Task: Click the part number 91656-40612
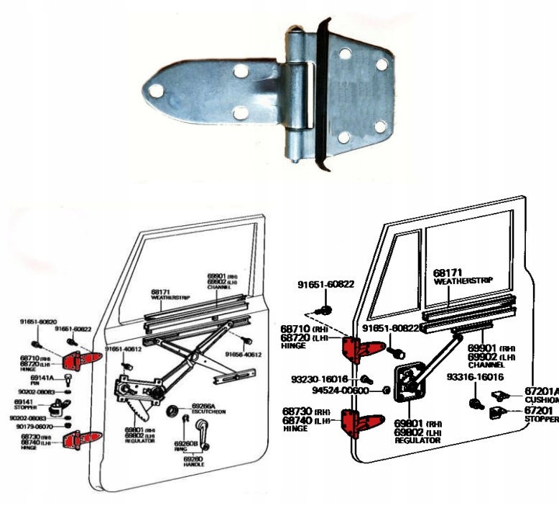coord(242,355)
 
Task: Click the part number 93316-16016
coord(475,376)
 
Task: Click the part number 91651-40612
coord(124,349)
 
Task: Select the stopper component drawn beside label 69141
coord(67,404)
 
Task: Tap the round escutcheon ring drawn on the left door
coord(172,411)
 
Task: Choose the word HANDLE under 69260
coord(193,465)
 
